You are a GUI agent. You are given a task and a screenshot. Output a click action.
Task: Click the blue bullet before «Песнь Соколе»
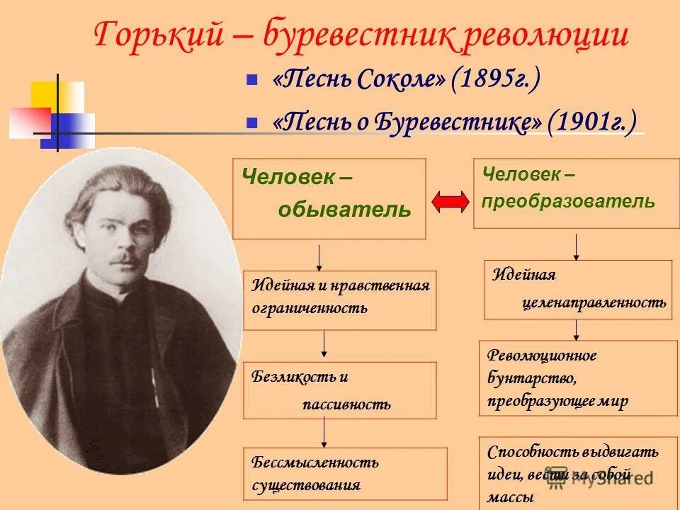tap(251, 81)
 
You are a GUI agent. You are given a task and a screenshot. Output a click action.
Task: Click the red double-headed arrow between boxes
tap(450, 202)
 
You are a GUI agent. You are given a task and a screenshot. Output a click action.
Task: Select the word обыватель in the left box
tap(344, 210)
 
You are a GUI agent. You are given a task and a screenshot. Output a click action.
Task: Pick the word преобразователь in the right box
tap(568, 201)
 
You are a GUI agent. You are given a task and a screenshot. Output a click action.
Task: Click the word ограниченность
tap(310, 308)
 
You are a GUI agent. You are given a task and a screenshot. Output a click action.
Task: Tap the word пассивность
tap(346, 404)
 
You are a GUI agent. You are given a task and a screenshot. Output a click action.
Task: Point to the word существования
tap(306, 486)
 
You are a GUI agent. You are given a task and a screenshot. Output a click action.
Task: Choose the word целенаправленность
tap(594, 303)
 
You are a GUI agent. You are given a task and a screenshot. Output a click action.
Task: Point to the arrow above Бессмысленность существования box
tap(324, 431)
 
